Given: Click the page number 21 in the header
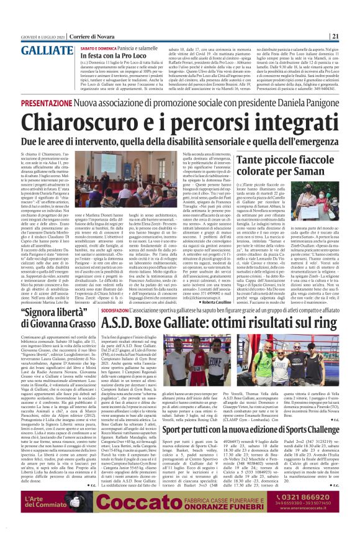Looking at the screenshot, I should [x=351, y=36].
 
